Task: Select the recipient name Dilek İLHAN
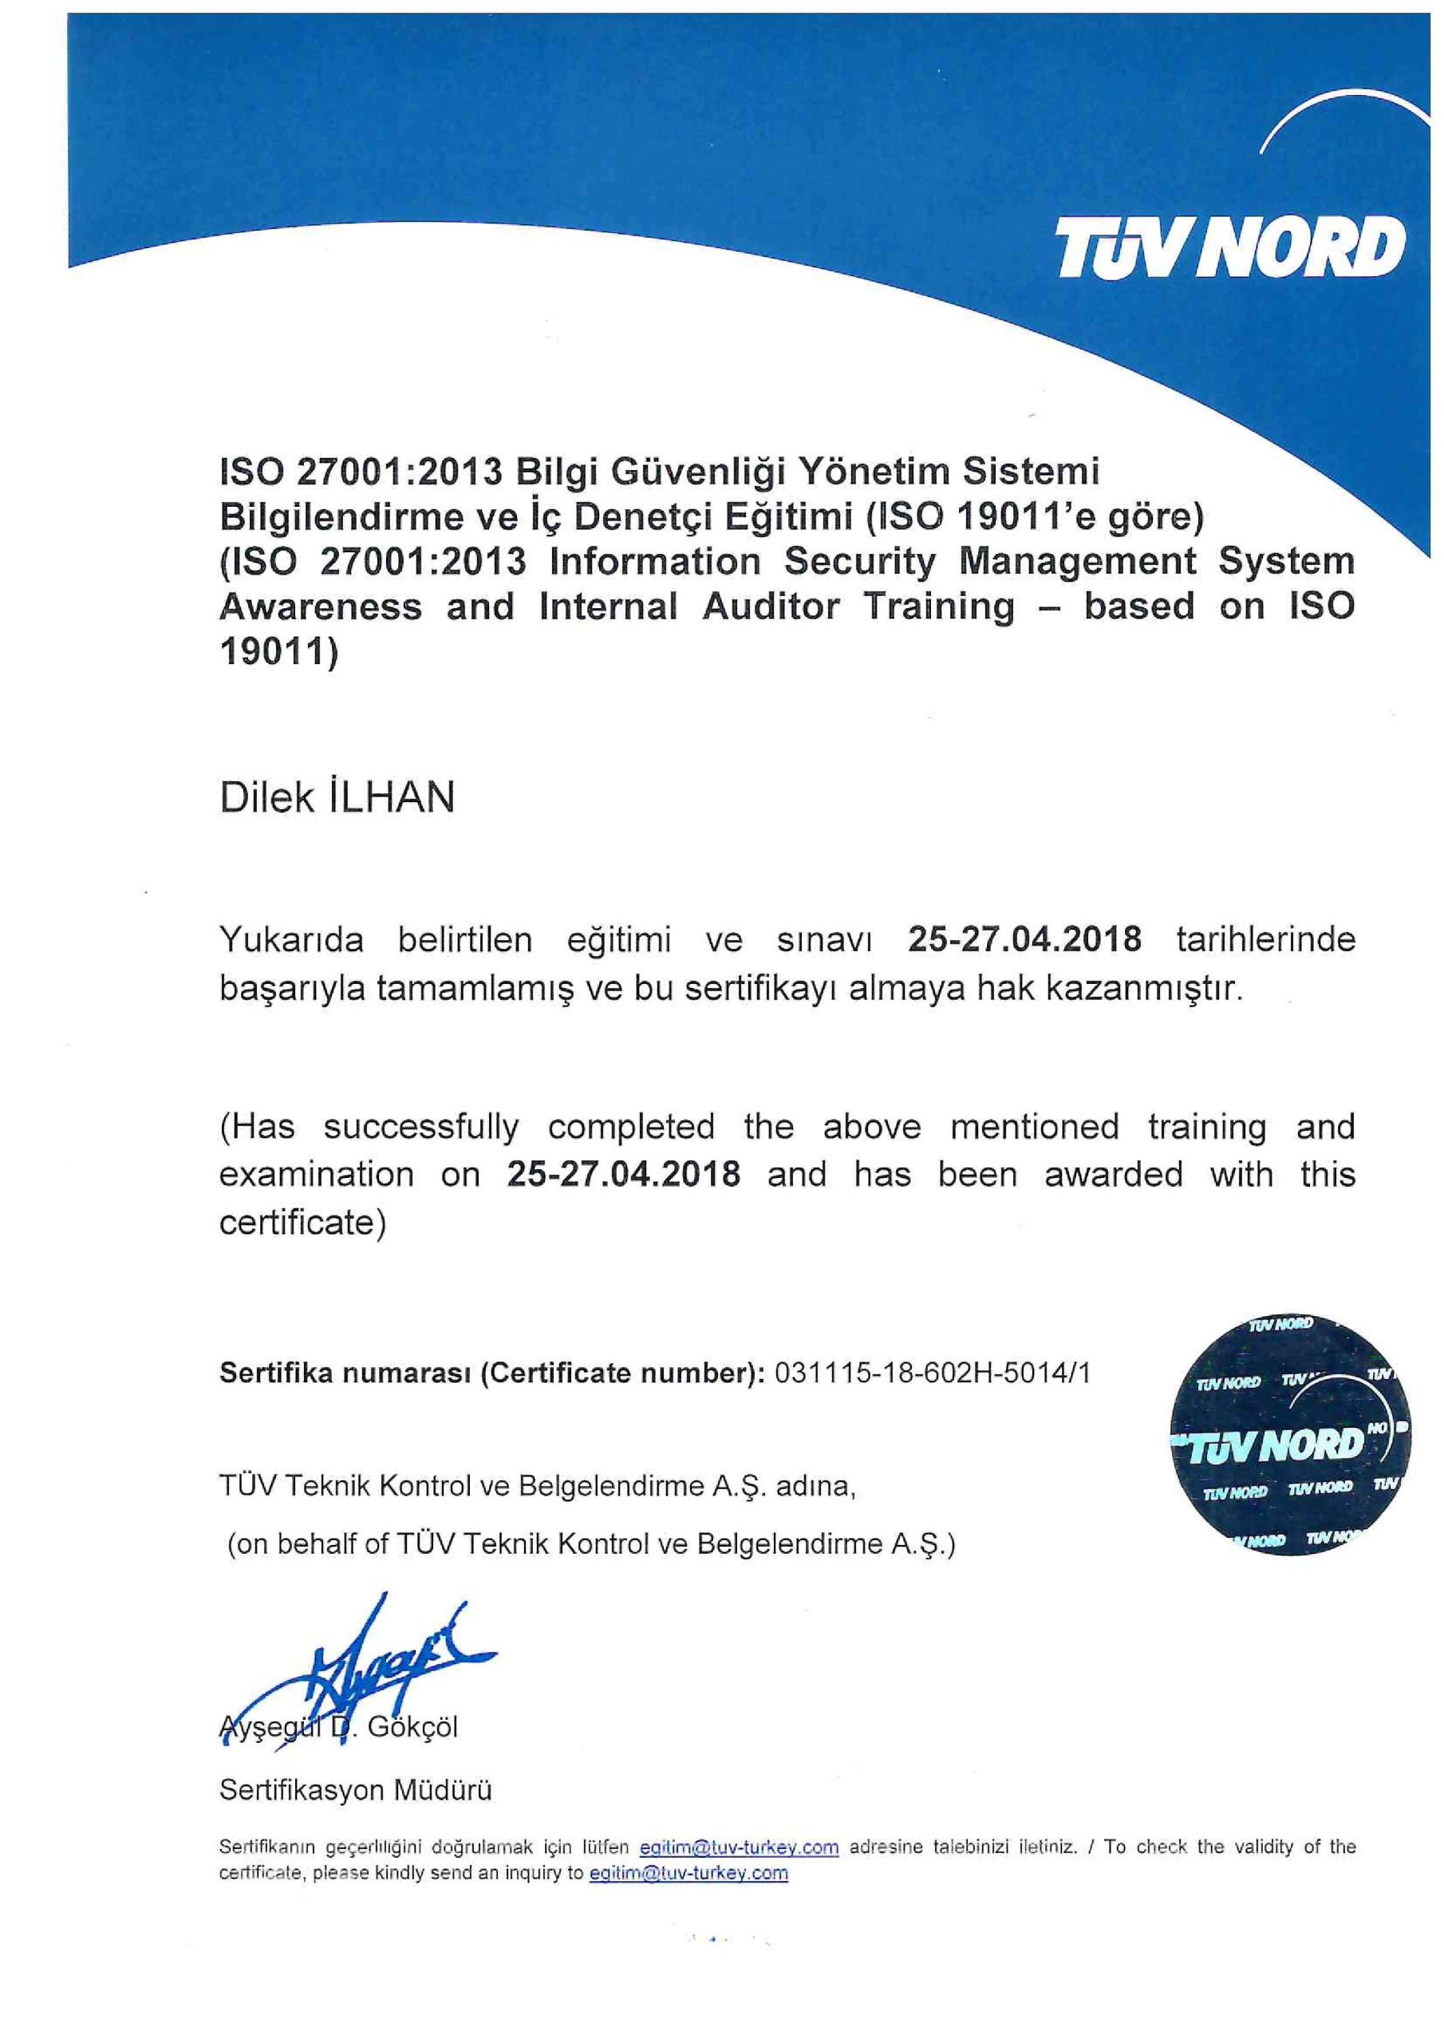click(337, 798)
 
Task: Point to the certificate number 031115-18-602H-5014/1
click(933, 1373)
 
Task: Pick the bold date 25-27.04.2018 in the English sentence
click(624, 1175)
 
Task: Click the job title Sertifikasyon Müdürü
click(355, 1789)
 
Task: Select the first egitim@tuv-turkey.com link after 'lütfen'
click(740, 1847)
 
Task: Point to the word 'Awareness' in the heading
click(320, 607)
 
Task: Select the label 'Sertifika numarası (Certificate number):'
click(492, 1373)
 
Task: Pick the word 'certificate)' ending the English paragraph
click(302, 1223)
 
